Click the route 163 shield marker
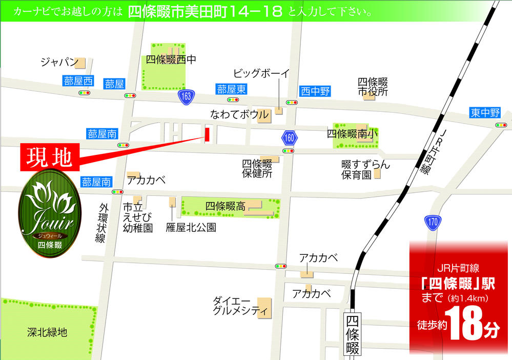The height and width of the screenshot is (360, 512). [186, 96]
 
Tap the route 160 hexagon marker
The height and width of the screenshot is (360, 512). [289, 137]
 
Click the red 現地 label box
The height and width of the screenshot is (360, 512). [49, 157]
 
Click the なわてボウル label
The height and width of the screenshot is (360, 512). [239, 114]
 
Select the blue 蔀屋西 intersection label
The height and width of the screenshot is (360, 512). [78, 81]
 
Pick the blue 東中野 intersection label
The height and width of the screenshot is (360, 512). [484, 113]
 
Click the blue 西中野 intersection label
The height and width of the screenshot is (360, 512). [315, 92]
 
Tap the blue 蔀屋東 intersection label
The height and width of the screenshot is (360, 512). [231, 89]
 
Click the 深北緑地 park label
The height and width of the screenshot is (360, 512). [47, 332]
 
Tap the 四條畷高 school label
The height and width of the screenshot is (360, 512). [225, 206]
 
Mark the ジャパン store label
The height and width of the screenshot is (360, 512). [59, 62]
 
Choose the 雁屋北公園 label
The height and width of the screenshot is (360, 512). [191, 227]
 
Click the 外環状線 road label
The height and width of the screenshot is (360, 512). [103, 223]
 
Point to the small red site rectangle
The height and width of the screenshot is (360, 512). [208, 134]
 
